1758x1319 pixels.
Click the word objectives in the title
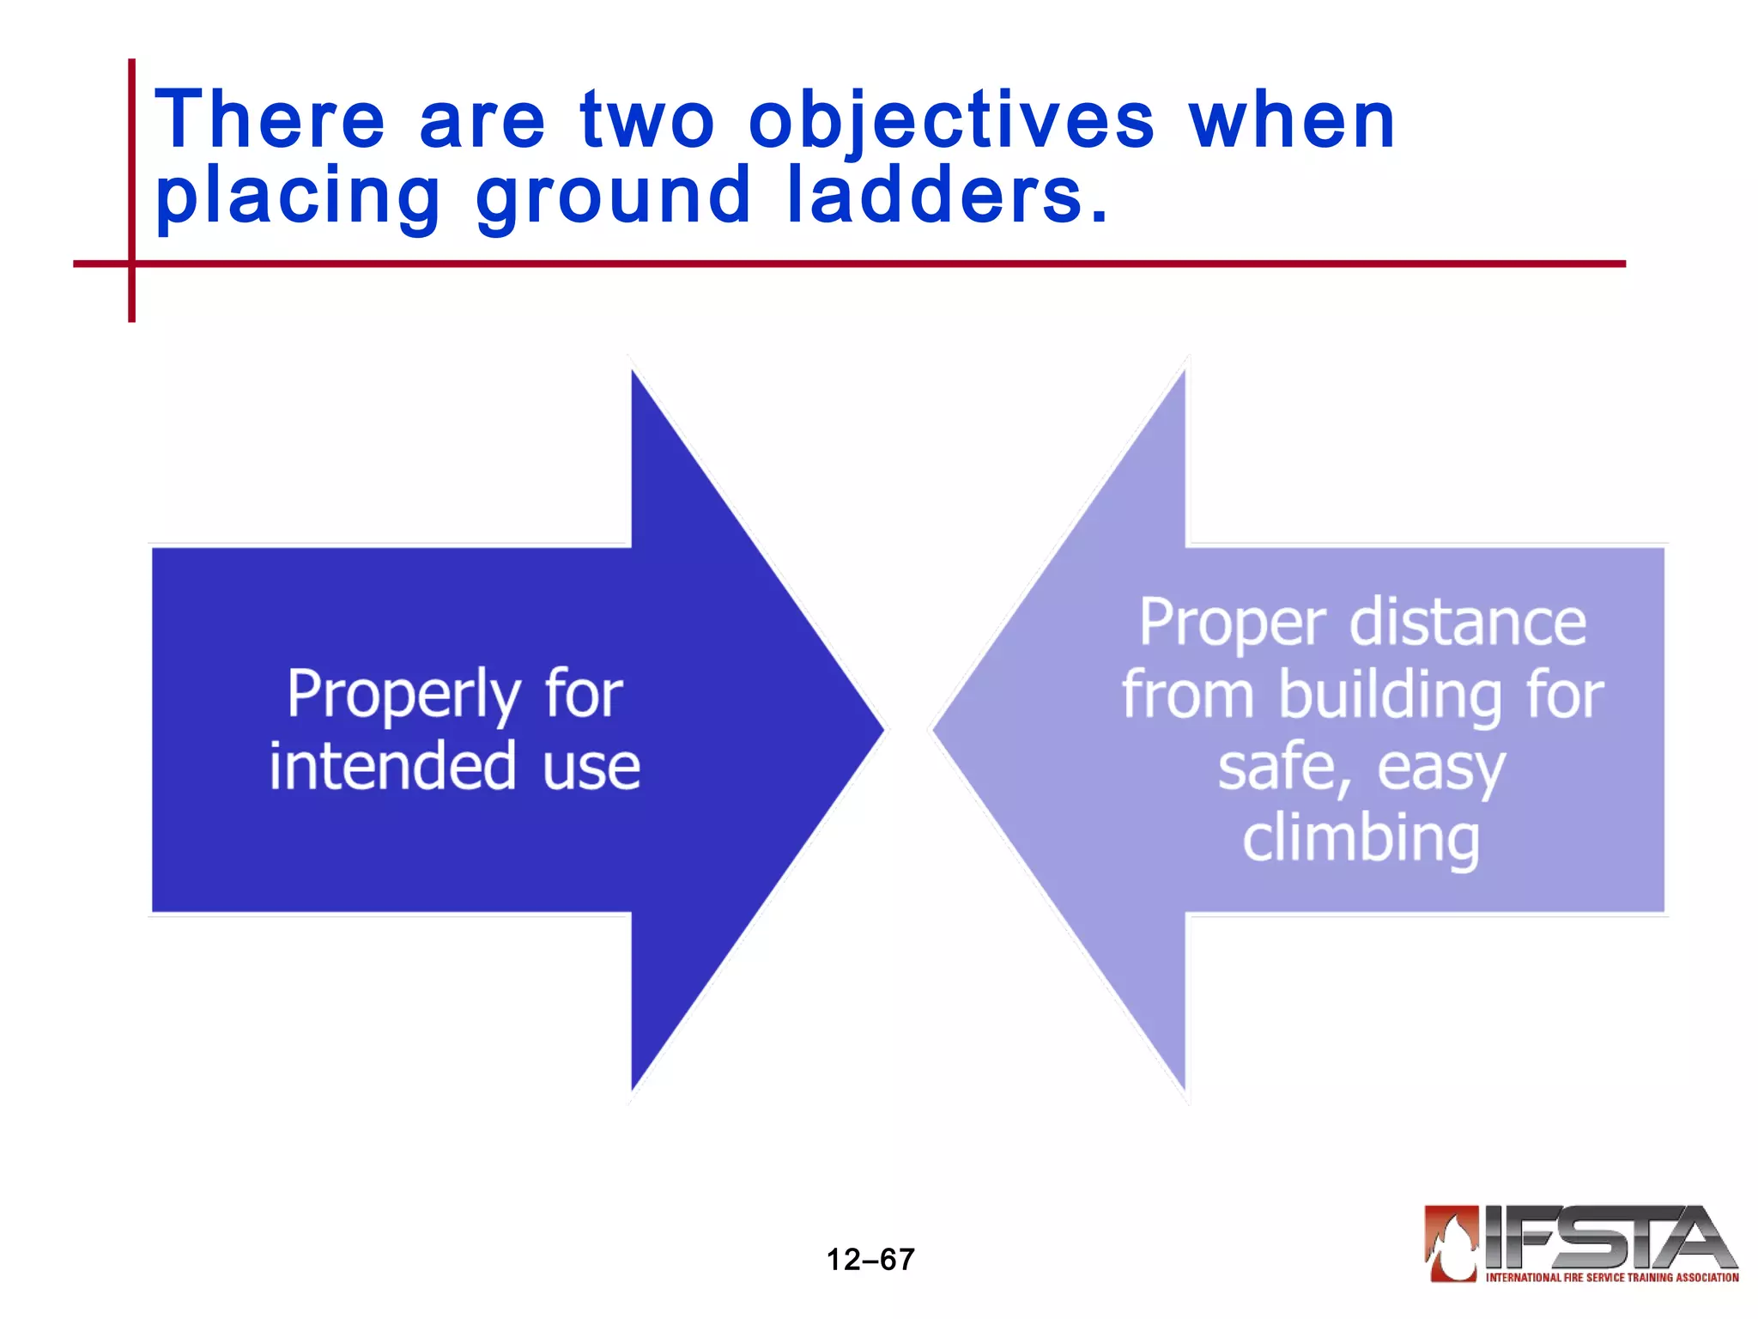pyautogui.click(x=951, y=122)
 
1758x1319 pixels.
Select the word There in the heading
pyautogui.click(x=270, y=120)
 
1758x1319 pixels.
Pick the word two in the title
pyautogui.click(x=646, y=122)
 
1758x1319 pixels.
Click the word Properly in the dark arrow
pyautogui.click(x=403, y=696)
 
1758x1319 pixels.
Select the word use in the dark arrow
pyautogui.click(x=591, y=768)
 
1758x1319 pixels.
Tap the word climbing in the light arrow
pyautogui.click(x=1361, y=840)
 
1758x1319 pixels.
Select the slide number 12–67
pyautogui.click(x=870, y=1260)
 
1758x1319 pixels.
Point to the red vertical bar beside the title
pyautogui.click(x=132, y=189)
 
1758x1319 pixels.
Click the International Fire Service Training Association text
pyautogui.click(x=1612, y=1278)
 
